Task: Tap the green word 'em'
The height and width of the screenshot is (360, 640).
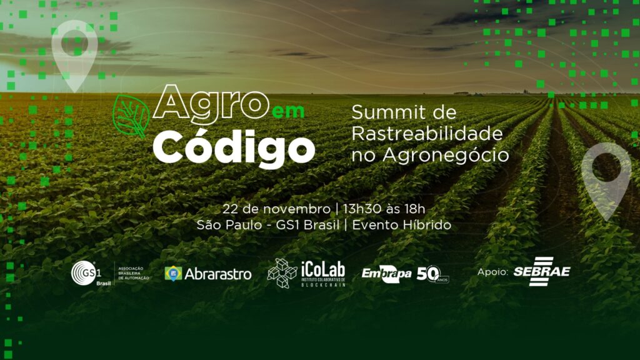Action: tap(288, 111)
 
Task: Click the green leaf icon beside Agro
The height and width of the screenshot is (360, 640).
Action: tap(131, 116)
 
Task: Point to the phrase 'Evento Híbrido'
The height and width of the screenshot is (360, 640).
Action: tap(401, 225)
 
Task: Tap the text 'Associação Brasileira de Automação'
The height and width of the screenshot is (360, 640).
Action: tap(134, 273)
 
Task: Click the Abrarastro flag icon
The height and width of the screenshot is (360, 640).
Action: tap(173, 273)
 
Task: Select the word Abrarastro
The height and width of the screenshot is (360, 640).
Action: tap(218, 274)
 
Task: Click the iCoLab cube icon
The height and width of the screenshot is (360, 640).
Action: tap(282, 273)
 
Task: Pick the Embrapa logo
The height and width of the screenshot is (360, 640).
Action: tap(386, 273)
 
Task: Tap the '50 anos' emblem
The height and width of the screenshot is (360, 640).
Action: tap(432, 274)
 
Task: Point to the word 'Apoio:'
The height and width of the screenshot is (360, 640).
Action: tap(493, 272)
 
